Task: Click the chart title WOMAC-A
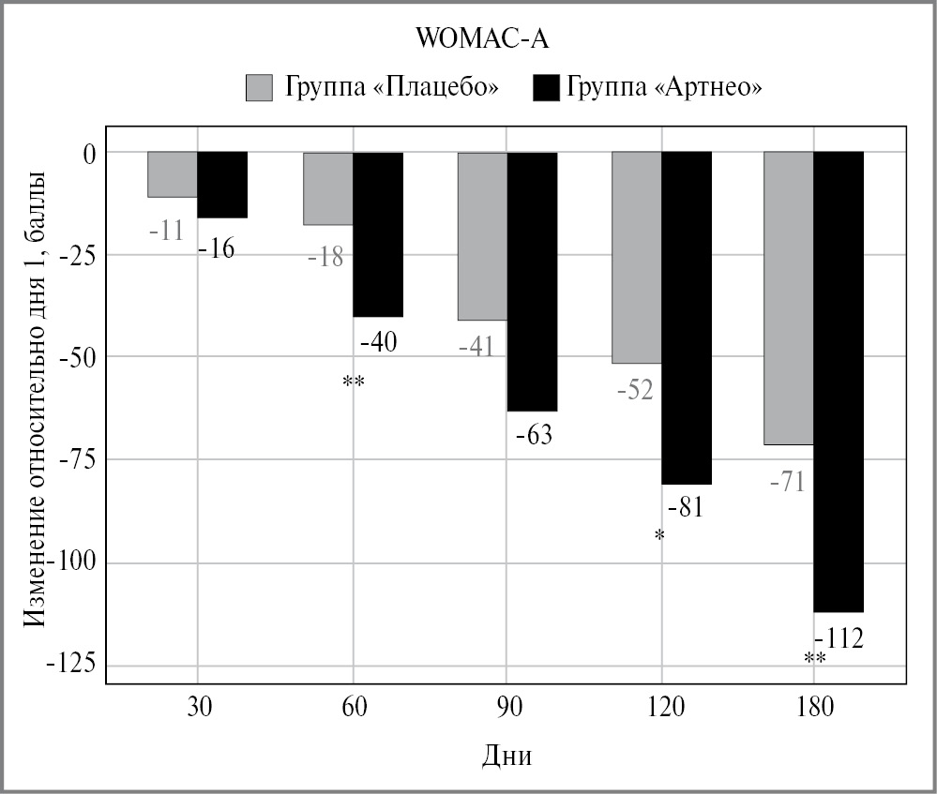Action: [x=468, y=40]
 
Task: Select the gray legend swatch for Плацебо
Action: [x=258, y=87]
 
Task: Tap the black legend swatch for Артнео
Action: [x=545, y=87]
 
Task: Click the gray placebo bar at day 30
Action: [x=173, y=174]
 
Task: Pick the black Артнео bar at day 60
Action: [x=378, y=234]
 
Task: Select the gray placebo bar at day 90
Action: [x=482, y=236]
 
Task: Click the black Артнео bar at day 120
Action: [x=687, y=318]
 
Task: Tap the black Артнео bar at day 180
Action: [x=839, y=382]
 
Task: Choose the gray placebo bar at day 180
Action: [x=788, y=298]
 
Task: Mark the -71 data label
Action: [x=785, y=484]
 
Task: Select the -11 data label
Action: [x=166, y=229]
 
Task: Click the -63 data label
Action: [x=533, y=435]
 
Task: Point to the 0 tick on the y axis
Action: [x=89, y=152]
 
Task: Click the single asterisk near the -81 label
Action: [x=659, y=536]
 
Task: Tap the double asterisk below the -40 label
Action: [x=354, y=382]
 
